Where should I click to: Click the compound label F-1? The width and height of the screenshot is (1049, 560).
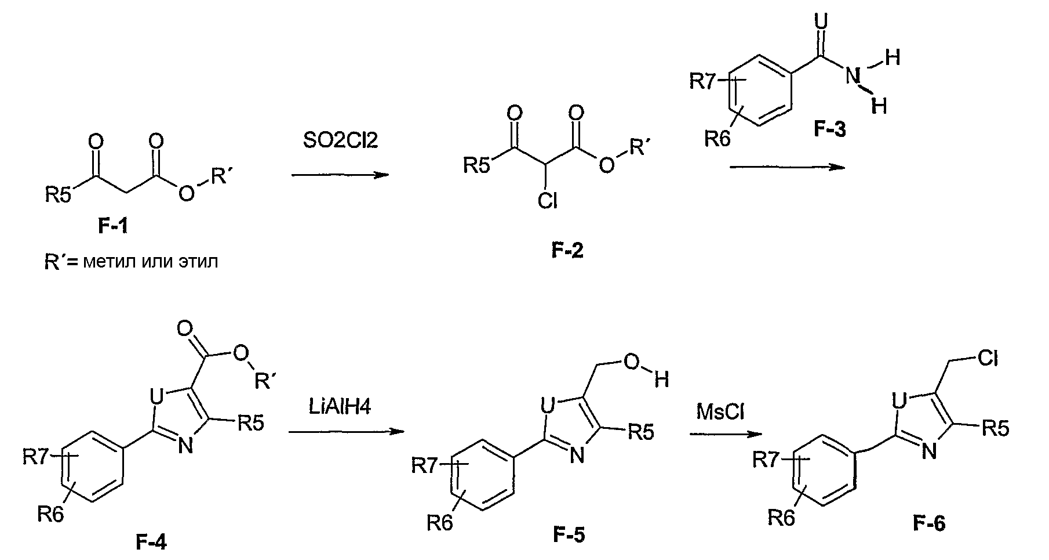[112, 226]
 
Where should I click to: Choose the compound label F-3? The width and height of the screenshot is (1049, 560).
[829, 129]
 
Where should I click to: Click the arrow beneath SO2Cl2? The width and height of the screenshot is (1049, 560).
[340, 174]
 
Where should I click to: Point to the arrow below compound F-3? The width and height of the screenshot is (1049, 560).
[787, 167]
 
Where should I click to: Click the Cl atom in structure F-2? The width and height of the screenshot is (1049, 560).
[547, 200]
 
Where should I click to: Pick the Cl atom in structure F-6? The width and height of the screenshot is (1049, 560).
[988, 359]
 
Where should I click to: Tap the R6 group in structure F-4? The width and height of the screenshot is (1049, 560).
[51, 513]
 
